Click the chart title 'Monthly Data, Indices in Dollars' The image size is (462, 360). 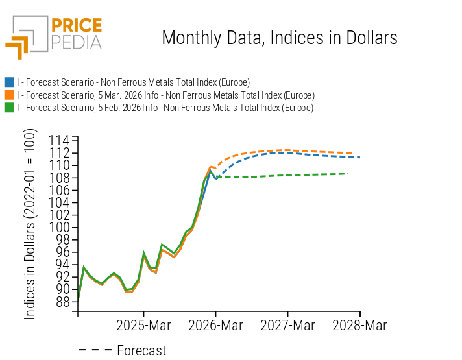pyautogui.click(x=279, y=38)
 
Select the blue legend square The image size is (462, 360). pyautogui.click(x=9, y=82)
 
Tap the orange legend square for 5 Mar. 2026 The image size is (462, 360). pyautogui.click(x=9, y=95)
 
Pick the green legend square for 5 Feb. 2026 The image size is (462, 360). pyautogui.click(x=9, y=108)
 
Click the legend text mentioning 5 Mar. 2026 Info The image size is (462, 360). pyautogui.click(x=165, y=95)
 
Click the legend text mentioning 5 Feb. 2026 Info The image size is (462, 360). pyautogui.click(x=165, y=108)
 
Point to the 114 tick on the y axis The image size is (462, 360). pyautogui.click(x=60, y=140)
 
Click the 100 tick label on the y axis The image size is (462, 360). pyautogui.click(x=60, y=227)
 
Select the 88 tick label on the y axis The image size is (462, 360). pyautogui.click(x=63, y=302)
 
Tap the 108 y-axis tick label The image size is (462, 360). pyautogui.click(x=60, y=177)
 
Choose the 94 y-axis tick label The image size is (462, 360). pyautogui.click(x=63, y=264)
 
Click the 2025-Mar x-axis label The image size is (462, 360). pyautogui.click(x=143, y=326)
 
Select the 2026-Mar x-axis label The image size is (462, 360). pyautogui.click(x=216, y=326)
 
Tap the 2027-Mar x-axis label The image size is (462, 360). pyautogui.click(x=288, y=326)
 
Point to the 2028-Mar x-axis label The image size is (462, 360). pyautogui.click(x=360, y=326)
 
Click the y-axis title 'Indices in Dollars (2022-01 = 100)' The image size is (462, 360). pyautogui.click(x=30, y=224)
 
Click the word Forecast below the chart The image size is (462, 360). pyautogui.click(x=141, y=351)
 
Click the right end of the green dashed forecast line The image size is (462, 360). pyautogui.click(x=348, y=173)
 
